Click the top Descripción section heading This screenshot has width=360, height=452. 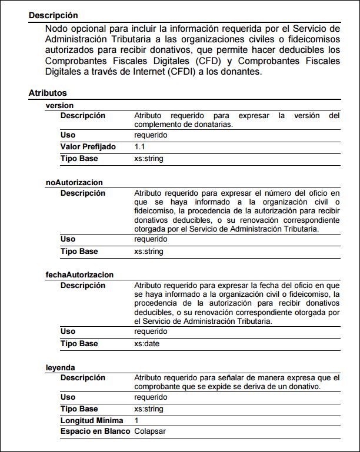[53, 16]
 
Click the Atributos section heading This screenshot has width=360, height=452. [48, 93]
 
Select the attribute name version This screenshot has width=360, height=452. [59, 105]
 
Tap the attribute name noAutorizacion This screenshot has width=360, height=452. [74, 183]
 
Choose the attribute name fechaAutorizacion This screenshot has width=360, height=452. [79, 274]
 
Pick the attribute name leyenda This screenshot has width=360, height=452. [61, 367]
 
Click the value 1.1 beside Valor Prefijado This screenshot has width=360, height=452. [139, 146]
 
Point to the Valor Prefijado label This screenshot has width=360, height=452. [88, 146]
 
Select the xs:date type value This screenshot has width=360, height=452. [146, 343]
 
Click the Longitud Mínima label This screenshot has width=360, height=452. [92, 420]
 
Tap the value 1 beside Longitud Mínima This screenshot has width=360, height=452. [136, 420]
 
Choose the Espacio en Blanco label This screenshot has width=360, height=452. [95, 431]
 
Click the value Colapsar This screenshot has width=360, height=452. [150, 431]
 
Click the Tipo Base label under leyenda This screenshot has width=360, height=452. [79, 409]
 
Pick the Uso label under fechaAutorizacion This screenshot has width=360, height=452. [68, 332]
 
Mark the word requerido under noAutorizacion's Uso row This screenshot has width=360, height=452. [151, 239]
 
